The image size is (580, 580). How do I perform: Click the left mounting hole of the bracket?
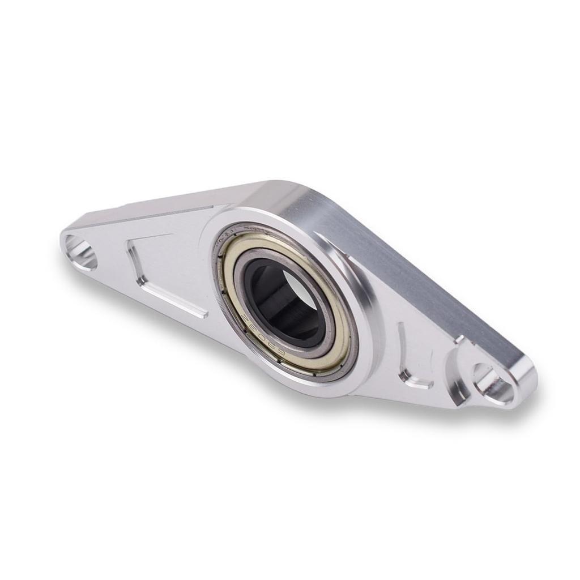pos(80,252)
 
